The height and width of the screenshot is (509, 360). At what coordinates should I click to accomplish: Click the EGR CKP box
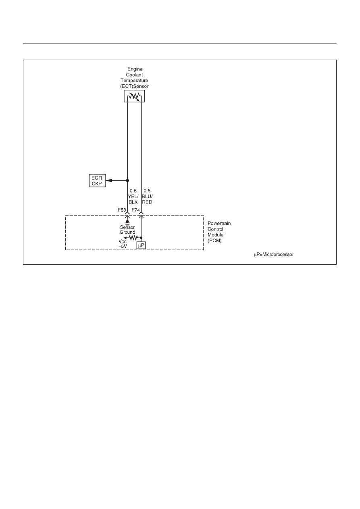click(x=97, y=181)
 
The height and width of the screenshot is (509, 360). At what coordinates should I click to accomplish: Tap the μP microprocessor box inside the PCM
click(x=141, y=245)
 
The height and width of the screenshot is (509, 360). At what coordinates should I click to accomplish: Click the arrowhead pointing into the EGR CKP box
click(x=109, y=181)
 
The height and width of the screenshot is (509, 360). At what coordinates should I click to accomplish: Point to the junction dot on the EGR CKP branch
click(x=127, y=181)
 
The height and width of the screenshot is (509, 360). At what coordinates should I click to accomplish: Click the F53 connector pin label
click(x=122, y=210)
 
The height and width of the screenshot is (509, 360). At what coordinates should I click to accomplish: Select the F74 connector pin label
click(x=136, y=210)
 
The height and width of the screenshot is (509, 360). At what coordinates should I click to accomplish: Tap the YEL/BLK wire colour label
click(x=133, y=199)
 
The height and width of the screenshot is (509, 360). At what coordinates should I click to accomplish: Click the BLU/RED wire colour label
click(x=147, y=199)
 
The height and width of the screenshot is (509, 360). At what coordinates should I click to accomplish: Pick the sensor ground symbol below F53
click(x=127, y=222)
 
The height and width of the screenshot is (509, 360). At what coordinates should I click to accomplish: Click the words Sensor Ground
click(x=127, y=230)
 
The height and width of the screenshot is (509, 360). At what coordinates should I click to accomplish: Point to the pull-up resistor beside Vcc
click(x=133, y=238)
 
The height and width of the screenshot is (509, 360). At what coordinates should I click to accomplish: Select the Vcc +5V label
click(x=123, y=244)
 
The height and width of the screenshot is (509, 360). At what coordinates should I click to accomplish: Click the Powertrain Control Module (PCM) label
click(x=219, y=232)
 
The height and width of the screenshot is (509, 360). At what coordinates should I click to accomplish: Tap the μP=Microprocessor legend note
click(x=274, y=255)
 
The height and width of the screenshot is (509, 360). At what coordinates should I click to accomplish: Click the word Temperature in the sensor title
click(x=134, y=81)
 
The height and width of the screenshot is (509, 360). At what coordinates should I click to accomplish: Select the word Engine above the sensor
click(x=135, y=69)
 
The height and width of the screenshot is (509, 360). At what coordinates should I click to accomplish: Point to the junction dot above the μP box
click(x=141, y=238)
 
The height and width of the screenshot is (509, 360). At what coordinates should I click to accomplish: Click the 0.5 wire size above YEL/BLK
click(x=133, y=191)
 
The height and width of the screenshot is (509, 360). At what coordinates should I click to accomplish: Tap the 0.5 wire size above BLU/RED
click(x=147, y=191)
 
